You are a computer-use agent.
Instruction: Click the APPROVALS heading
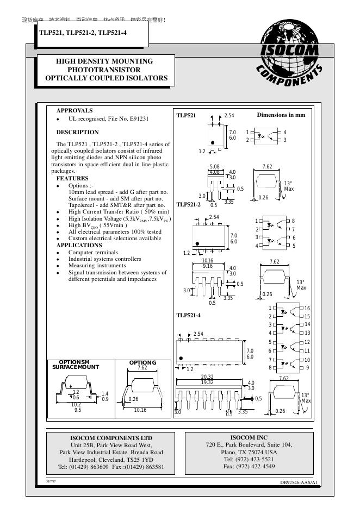[75, 110]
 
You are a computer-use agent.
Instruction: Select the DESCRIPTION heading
[78, 132]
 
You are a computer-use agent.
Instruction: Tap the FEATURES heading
[72, 178]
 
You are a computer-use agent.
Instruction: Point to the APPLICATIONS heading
[79, 245]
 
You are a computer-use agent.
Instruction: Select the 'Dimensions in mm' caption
[281, 115]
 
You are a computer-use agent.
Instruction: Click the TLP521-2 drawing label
[189, 204]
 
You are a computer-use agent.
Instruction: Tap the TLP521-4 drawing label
[189, 315]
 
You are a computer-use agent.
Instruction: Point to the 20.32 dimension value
[207, 377]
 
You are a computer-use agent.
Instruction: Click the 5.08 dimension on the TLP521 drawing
[215, 167]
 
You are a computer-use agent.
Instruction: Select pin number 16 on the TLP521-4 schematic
[307, 309]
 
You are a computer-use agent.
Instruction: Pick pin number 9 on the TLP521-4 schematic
[307, 368]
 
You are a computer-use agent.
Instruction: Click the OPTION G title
[142, 362]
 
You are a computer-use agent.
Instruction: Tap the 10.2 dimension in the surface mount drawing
[76, 405]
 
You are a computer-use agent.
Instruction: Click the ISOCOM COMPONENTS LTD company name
[111, 438]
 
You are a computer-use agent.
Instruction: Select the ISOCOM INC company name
[249, 437]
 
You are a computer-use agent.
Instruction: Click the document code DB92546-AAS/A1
[299, 482]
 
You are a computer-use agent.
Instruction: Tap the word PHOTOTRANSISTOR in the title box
[104, 70]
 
